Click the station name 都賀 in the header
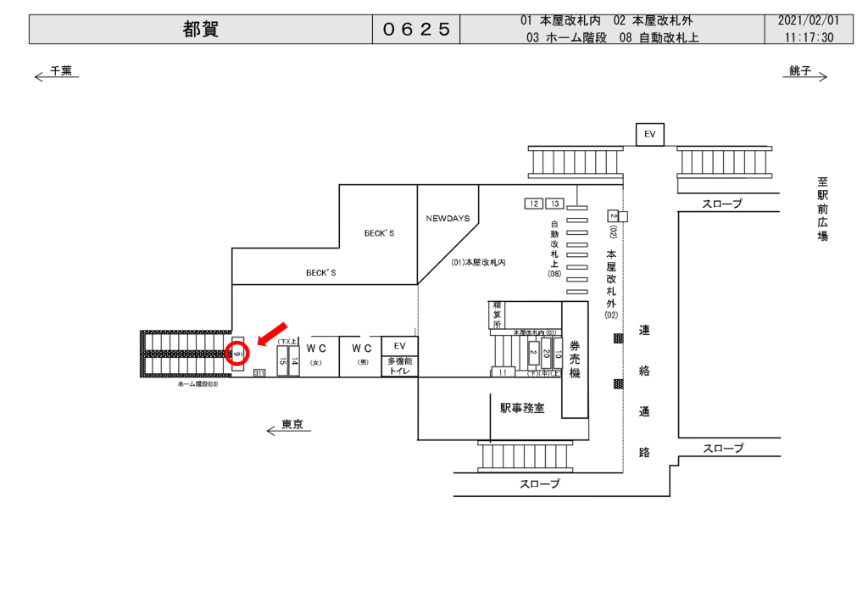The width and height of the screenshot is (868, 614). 200,30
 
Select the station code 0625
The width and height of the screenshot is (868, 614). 416,30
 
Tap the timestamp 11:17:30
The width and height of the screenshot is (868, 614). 809,37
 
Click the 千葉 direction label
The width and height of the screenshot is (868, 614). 60,71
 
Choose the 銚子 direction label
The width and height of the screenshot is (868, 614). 800,71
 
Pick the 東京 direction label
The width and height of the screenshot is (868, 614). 292,425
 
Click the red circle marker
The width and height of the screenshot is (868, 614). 238,353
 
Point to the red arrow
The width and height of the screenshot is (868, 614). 273,333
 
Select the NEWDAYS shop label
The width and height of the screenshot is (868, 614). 448,218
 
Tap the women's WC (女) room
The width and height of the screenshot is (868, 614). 316,354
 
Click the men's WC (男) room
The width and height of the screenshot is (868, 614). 362,354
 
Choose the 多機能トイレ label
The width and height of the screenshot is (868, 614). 399,366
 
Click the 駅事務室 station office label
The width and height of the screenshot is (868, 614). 522,408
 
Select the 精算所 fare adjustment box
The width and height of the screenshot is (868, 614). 498,314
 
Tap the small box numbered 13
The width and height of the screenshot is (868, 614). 554,204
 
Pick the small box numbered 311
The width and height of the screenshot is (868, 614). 259,373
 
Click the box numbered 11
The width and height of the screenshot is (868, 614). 502,372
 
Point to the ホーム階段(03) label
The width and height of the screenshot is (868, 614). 198,384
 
